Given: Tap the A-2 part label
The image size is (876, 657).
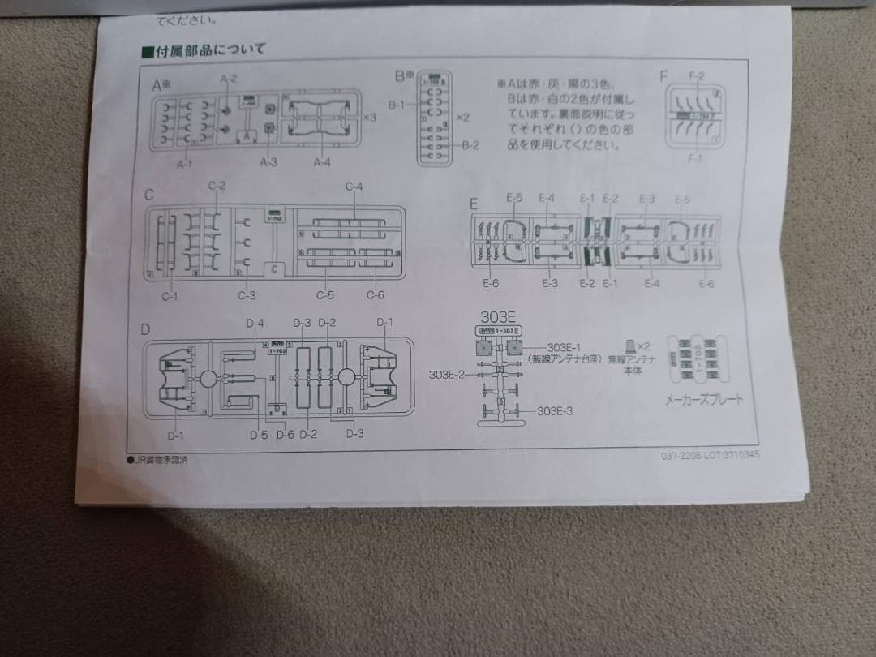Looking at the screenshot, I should tap(228, 79).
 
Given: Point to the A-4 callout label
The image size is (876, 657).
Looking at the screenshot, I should tap(323, 162).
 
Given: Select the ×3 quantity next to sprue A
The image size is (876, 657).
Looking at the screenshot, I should tap(370, 118).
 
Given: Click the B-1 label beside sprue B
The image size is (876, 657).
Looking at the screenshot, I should tap(397, 105).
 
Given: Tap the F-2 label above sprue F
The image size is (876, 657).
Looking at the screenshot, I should tap(696, 76).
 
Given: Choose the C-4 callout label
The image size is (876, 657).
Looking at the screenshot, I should tap(354, 187).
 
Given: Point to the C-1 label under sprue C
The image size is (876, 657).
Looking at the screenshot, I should tap(170, 296).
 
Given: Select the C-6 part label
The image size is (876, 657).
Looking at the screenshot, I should tap(375, 295).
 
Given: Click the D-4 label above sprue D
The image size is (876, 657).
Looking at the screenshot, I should tap(255, 324).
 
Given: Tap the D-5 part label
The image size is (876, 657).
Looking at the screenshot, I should tap(259, 436).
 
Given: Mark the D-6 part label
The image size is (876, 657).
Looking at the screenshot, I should tap(285, 436).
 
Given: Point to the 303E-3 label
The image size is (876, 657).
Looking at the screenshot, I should tap(555, 411).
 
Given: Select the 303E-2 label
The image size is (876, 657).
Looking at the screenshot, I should tap(446, 374).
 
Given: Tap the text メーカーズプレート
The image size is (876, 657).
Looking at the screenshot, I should tap(703, 400).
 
